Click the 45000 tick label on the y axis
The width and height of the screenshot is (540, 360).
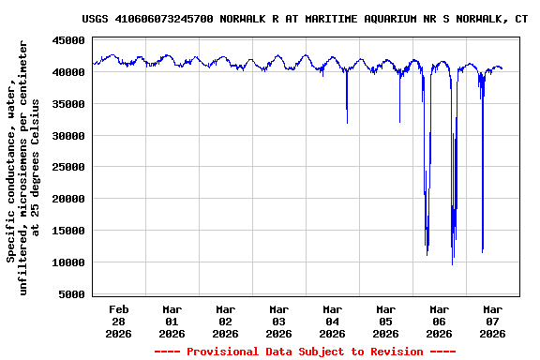[68, 40]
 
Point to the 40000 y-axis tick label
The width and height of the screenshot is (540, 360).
[68, 72]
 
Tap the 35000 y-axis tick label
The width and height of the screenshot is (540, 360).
[68, 104]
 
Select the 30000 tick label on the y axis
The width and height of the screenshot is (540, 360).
[68, 136]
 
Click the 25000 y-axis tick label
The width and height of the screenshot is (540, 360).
[68, 167]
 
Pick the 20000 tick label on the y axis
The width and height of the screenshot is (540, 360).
[68, 199]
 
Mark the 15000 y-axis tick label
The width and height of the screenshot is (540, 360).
[68, 231]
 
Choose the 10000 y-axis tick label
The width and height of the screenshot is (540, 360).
[68, 262]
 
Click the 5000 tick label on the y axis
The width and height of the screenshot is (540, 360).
[72, 294]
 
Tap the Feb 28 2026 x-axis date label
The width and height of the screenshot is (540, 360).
[119, 321]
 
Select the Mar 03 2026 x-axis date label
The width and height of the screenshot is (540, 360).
[279, 321]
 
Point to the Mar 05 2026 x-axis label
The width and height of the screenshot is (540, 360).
[386, 321]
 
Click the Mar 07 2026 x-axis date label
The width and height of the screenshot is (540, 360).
[493, 321]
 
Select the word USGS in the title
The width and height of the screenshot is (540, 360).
[96, 19]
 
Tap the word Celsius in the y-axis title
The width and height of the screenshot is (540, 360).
[36, 121]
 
